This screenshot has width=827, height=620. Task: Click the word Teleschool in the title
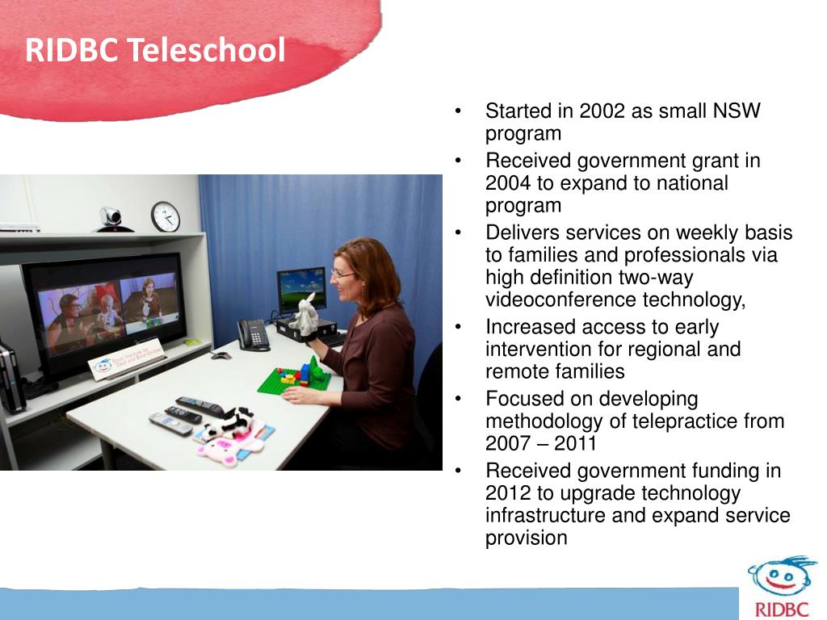208,50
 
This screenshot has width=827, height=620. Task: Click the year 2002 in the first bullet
592,111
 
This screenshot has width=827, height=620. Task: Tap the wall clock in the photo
165,216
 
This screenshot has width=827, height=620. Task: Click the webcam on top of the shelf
111,218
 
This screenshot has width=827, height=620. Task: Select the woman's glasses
342,274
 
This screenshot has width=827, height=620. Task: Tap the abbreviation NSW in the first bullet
736,111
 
